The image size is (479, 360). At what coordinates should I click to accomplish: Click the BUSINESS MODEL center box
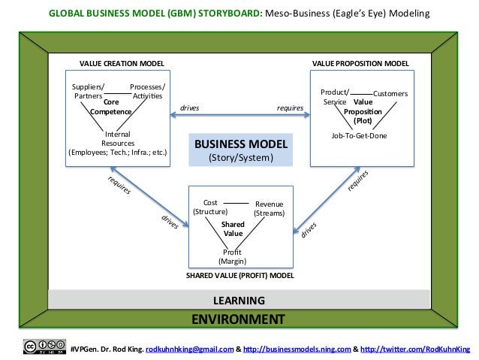click(x=240, y=150)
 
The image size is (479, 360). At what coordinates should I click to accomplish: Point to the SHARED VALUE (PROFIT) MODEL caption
click(x=239, y=276)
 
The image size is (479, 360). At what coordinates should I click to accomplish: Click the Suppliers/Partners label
click(x=89, y=92)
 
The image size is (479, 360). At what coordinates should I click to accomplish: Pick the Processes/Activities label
click(x=147, y=92)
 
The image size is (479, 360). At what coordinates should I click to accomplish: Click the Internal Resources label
click(x=118, y=138)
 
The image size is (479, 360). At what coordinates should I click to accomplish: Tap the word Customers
click(x=390, y=94)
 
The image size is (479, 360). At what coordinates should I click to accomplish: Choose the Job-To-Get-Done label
click(x=359, y=136)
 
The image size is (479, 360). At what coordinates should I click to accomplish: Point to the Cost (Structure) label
click(x=210, y=207)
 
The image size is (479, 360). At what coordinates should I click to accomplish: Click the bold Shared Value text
click(x=233, y=228)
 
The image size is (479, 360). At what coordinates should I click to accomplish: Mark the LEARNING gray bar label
click(x=239, y=301)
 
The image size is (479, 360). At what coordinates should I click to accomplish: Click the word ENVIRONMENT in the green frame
click(x=238, y=319)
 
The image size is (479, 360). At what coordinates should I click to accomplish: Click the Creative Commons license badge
click(x=43, y=346)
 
